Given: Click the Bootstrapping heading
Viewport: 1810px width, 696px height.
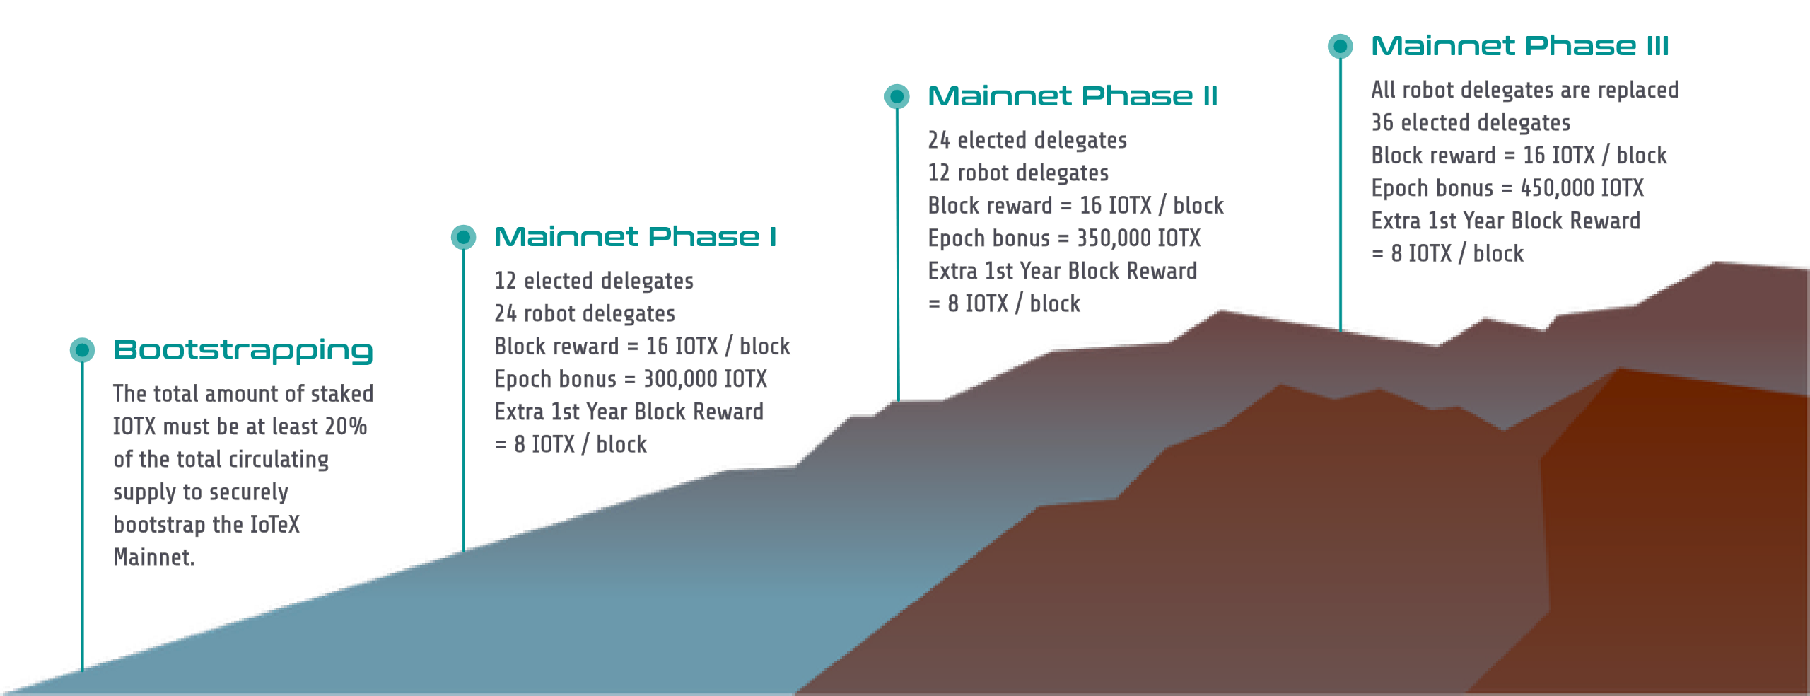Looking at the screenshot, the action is point(243,351).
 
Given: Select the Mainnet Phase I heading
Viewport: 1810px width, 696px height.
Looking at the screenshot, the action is point(635,236).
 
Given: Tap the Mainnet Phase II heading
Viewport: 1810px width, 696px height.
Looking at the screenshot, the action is point(1073,95).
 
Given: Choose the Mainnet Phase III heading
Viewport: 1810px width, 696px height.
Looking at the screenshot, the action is point(1520,46).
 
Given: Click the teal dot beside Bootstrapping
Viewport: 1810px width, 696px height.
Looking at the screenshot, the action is point(82,349).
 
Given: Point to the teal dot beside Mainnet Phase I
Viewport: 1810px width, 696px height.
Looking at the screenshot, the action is point(464,237).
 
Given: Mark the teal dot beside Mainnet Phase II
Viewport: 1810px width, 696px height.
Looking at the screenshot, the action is point(897,95).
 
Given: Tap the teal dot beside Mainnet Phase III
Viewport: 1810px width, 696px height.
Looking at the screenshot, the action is point(1340,46).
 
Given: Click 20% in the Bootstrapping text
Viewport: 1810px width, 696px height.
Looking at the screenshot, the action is point(346,427).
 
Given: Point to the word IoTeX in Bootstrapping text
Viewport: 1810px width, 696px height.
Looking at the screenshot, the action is point(275,525).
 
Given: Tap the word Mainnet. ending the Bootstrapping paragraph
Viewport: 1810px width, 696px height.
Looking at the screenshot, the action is point(154,557).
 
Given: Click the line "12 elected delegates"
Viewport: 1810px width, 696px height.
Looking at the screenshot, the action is point(594,282).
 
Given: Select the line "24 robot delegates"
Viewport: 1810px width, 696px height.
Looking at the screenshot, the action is point(585,314).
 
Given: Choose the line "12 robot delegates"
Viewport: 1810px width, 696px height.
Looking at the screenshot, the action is point(1018,173).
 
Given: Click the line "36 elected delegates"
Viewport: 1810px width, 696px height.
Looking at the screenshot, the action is point(1471,123).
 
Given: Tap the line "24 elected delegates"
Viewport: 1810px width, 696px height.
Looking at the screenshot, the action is point(1027,141).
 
